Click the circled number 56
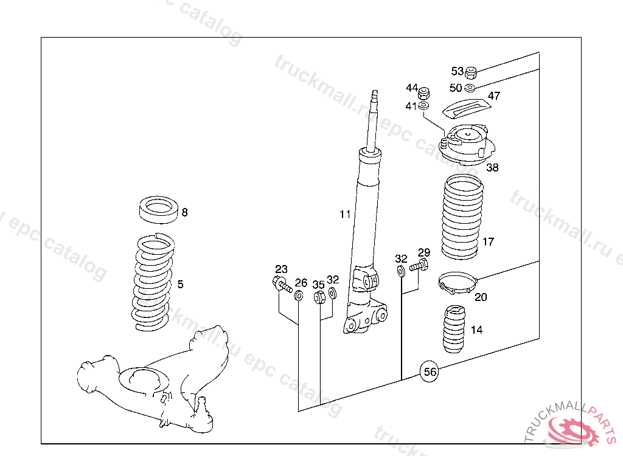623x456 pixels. point(430,372)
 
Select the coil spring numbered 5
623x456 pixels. point(154,283)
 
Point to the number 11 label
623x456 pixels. point(345,214)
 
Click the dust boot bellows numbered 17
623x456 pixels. point(460,217)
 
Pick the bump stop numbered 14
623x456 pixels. point(454,330)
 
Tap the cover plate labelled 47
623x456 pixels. point(465,108)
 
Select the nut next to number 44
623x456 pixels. point(426,94)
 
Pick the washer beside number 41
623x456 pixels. point(424,107)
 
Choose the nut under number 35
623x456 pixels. point(318,297)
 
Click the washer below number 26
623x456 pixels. point(299,296)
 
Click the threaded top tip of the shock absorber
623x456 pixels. point(375,95)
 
